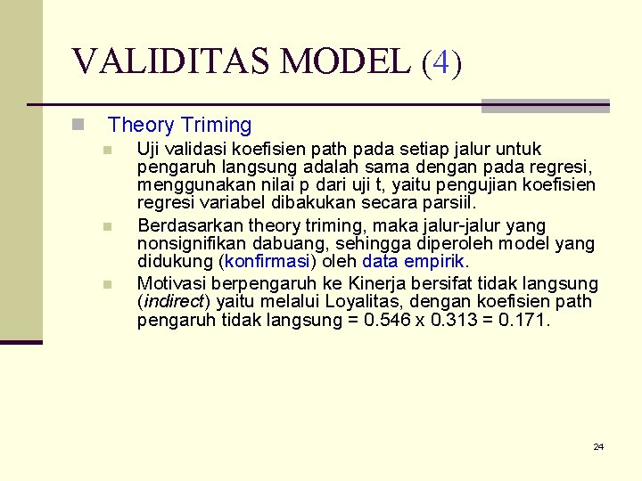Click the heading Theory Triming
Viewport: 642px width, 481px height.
coord(180,126)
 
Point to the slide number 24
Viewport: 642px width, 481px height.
coord(598,446)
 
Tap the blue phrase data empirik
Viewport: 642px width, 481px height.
coord(414,262)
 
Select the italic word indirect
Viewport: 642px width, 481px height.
coord(174,301)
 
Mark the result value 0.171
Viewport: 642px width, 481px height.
coord(528,320)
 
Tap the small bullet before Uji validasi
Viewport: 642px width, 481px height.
coord(106,150)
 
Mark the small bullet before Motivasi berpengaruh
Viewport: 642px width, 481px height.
coord(106,285)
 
